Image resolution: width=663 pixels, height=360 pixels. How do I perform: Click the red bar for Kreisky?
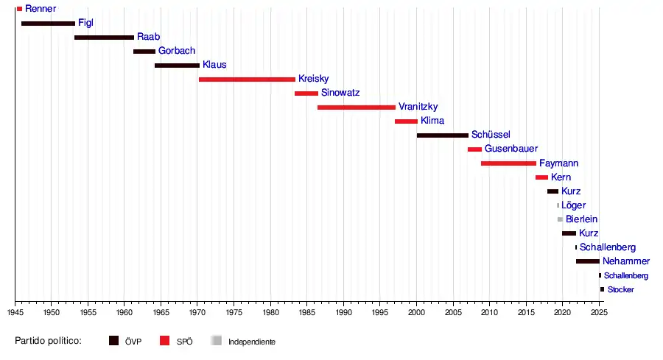(x=247, y=80)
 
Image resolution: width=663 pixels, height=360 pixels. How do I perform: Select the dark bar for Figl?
(x=48, y=24)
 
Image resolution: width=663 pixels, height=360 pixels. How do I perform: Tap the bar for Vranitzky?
(x=357, y=107)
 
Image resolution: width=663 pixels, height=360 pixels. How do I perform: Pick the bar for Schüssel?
(x=443, y=135)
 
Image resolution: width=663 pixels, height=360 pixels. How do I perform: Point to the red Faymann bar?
(x=508, y=163)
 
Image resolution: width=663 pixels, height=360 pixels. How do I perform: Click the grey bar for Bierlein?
(x=560, y=219)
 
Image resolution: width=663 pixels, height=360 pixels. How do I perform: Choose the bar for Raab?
(x=104, y=38)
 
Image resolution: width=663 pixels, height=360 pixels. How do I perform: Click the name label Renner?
(x=41, y=9)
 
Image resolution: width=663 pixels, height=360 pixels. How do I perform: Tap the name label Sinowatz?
(x=340, y=93)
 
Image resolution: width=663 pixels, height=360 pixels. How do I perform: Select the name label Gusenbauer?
(x=511, y=149)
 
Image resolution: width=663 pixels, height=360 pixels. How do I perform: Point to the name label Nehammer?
(x=626, y=261)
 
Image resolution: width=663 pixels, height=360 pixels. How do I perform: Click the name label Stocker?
(x=620, y=290)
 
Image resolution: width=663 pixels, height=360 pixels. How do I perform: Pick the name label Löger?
(x=574, y=205)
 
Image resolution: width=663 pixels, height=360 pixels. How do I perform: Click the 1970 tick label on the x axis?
(x=197, y=313)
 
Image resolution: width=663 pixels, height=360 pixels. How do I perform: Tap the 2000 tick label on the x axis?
(x=416, y=313)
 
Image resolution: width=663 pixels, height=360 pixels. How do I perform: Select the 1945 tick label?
(x=15, y=313)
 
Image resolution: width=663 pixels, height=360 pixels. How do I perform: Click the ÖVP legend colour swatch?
(x=114, y=341)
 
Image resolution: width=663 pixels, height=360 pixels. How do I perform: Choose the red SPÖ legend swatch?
(x=165, y=341)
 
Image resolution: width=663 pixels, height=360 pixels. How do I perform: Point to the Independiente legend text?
(x=252, y=342)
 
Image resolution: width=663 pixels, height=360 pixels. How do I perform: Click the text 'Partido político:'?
(x=48, y=342)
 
